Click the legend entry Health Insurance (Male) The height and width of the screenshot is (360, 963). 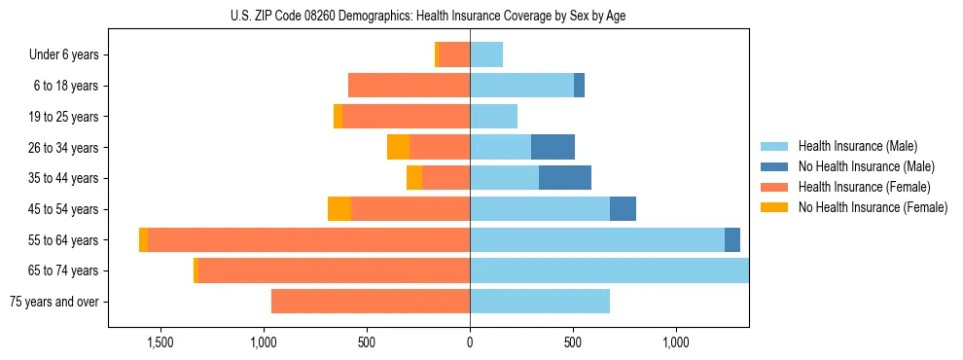pyautogui.click(x=857, y=146)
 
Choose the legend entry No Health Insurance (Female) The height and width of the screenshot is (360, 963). pyautogui.click(x=873, y=207)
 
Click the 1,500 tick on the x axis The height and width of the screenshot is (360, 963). pyautogui.click(x=160, y=342)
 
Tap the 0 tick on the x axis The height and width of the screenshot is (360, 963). pyautogui.click(x=470, y=342)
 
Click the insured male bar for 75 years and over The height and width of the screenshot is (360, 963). pyautogui.click(x=540, y=302)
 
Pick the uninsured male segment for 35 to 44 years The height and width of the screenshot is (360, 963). pyautogui.click(x=565, y=178)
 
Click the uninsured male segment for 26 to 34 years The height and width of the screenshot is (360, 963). pyautogui.click(x=553, y=148)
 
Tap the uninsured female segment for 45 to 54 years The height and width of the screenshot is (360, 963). pyautogui.click(x=339, y=209)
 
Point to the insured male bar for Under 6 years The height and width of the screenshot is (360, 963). pyautogui.click(x=486, y=55)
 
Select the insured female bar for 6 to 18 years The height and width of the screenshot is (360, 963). pyautogui.click(x=409, y=86)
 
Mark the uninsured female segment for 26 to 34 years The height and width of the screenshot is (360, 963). pyautogui.click(x=398, y=148)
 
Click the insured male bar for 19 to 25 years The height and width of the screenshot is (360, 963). pyautogui.click(x=493, y=117)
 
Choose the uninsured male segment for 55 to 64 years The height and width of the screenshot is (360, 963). pyautogui.click(x=732, y=240)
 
